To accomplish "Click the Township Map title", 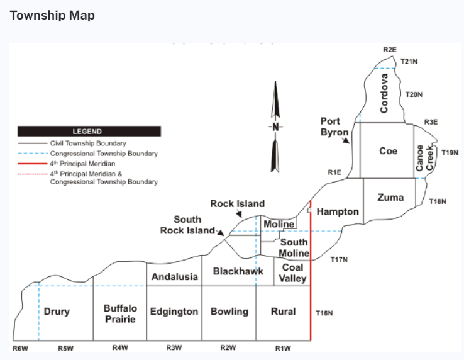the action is point(52,15).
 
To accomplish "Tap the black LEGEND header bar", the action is point(89,132).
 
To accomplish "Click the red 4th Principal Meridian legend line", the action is point(33,164).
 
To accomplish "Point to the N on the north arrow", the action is point(275,127).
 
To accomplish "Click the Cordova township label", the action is point(384,93).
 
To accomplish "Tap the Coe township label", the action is point(389,151).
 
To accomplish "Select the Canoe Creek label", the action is point(424,157).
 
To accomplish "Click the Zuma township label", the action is point(390,198).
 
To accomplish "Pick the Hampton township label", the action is point(338,211).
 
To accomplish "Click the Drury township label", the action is point(57,312).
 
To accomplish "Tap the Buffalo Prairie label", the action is point(120,314).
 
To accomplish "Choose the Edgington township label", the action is point(174,312).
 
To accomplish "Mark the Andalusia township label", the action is point(175,277).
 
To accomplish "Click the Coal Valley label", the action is point(292,273).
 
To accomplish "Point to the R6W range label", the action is point(20,349).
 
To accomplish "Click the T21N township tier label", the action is point(409,61).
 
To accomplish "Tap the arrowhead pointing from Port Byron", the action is point(346,141).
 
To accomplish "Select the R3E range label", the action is point(431,122).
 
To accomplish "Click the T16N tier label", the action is point(324,313).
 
